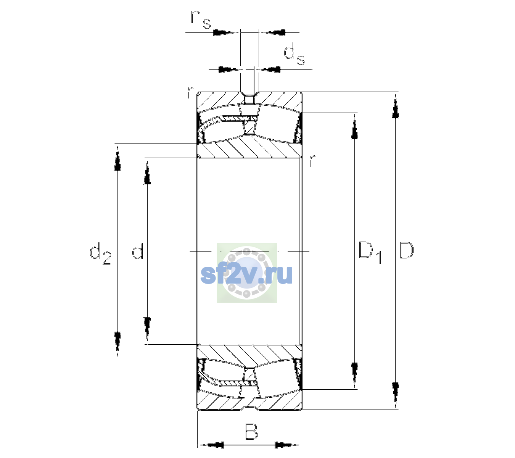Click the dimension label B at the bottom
pos(251,431)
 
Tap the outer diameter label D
pos(406,250)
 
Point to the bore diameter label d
pos(137,251)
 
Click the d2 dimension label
pos(100,253)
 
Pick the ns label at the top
pos(201,20)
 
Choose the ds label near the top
pos(294,54)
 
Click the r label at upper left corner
pos(190,93)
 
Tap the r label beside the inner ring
pos(312,160)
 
